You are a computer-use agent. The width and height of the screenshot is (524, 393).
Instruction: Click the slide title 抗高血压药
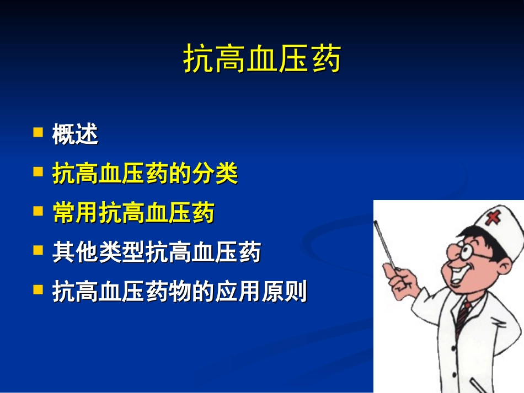click(262, 60)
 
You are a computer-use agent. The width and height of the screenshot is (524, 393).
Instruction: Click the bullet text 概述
click(75, 134)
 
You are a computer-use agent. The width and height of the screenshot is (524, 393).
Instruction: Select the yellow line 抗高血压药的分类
click(145, 174)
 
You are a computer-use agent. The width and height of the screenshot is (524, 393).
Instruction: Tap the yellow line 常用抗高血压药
click(133, 213)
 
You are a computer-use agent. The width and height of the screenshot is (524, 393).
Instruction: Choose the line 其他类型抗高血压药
click(156, 252)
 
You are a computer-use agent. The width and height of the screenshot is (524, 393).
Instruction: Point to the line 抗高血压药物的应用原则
click(179, 292)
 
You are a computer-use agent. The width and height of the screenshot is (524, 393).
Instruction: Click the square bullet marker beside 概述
click(38, 132)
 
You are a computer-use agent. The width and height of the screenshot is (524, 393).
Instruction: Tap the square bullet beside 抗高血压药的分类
click(38, 172)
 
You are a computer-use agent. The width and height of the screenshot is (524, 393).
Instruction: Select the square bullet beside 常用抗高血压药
click(38, 211)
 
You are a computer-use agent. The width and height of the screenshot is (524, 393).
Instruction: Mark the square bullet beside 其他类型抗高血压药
click(38, 250)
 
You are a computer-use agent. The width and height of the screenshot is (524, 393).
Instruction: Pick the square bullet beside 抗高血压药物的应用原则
click(38, 289)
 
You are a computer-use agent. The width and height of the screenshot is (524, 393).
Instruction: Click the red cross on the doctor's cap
click(492, 218)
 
